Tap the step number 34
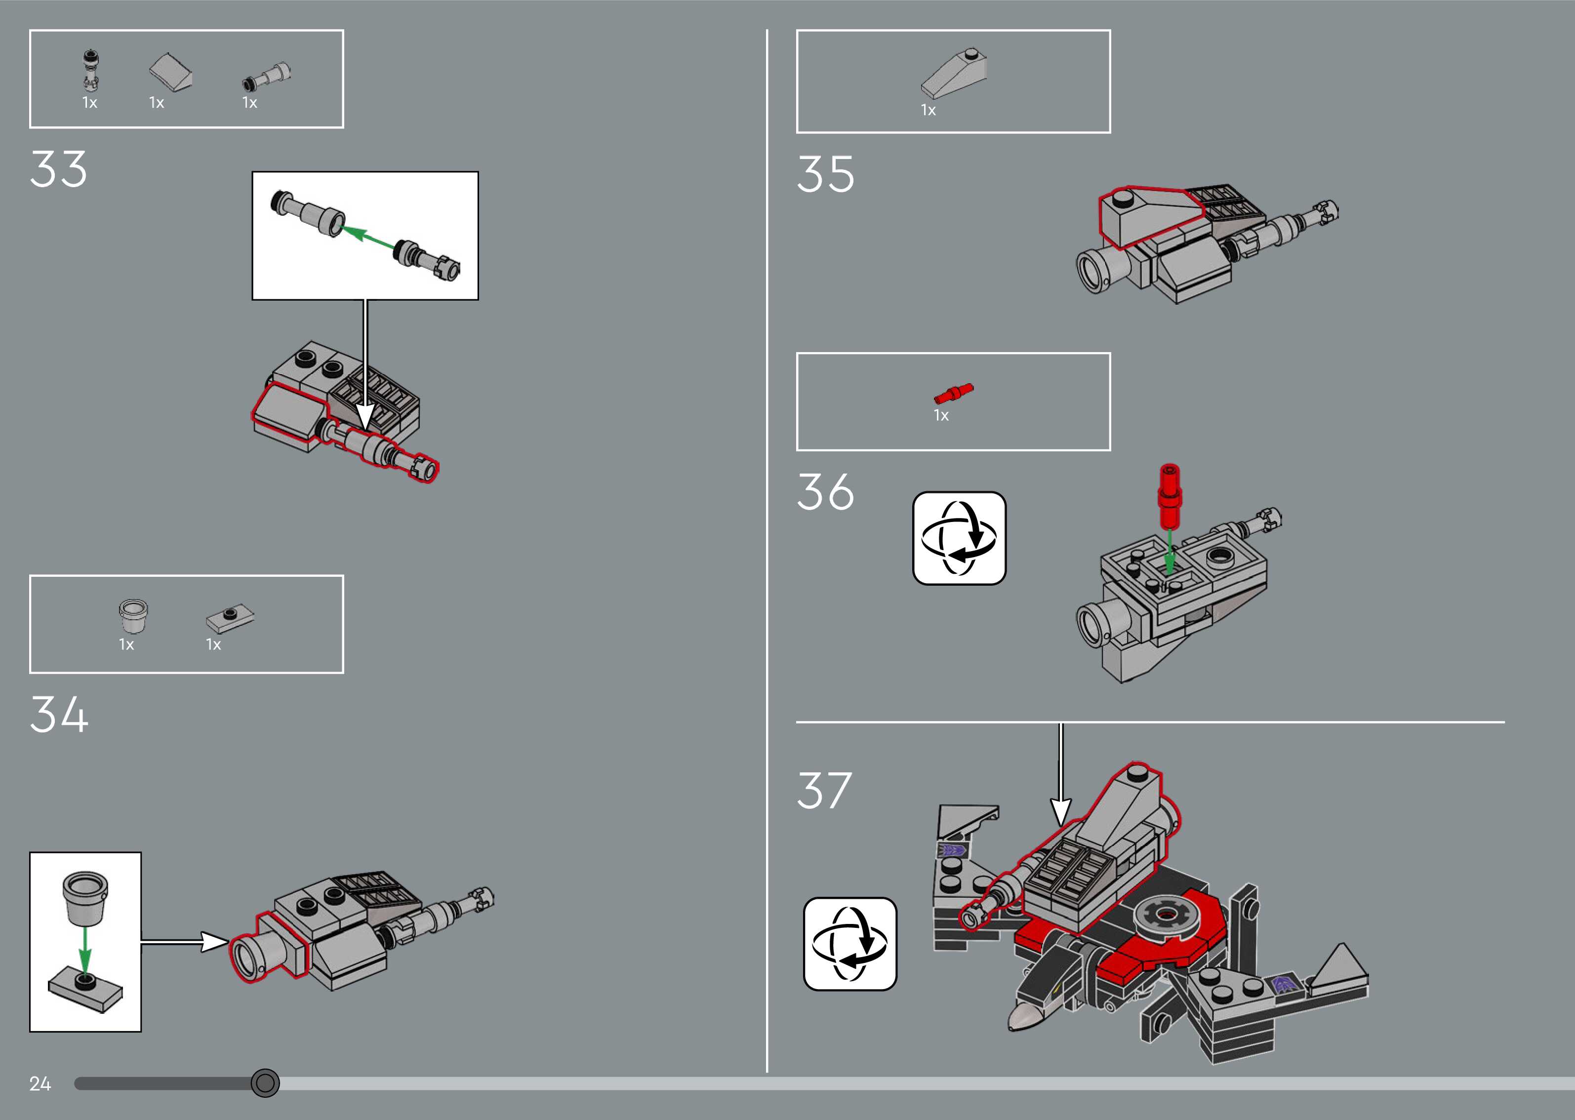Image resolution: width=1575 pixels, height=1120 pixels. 59,715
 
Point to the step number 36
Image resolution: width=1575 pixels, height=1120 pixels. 825,492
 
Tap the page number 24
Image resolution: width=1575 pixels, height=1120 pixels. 40,1083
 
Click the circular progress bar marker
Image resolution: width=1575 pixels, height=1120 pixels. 265,1083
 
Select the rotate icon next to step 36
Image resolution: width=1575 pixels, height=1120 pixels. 959,538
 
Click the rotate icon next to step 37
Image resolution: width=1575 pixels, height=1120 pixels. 850,943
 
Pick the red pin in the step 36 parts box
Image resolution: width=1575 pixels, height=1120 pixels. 953,394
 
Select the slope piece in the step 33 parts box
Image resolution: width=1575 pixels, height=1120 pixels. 170,73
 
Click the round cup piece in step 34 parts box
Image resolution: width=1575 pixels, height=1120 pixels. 133,615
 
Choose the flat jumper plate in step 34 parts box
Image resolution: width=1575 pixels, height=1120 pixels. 230,619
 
